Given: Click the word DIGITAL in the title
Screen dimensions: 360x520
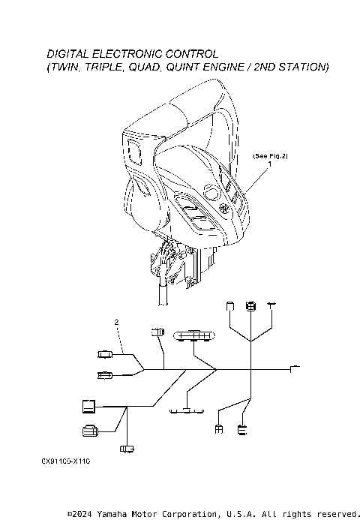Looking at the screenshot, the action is click(x=68, y=54).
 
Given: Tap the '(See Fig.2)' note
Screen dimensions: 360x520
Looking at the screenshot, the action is click(x=271, y=156).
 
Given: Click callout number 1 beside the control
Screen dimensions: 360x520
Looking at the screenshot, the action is click(x=270, y=164).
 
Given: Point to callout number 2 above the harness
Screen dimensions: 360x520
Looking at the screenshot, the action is click(x=116, y=322).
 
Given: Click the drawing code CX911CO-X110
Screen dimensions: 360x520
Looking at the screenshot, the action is click(x=66, y=461).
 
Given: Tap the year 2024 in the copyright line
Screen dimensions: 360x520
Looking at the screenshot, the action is click(x=82, y=514).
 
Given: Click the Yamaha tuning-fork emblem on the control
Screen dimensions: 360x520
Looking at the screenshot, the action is click(x=225, y=209).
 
